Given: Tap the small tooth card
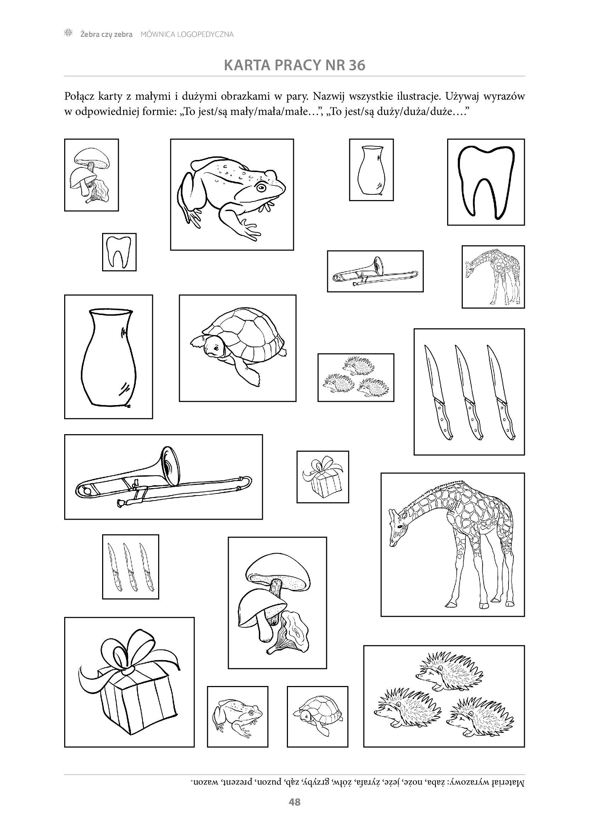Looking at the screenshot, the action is [x=119, y=252].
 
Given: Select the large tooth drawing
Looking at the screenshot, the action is [x=486, y=182].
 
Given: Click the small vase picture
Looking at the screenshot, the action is [x=371, y=170].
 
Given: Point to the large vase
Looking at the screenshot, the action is [x=109, y=358].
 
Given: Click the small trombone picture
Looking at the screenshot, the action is [x=375, y=271].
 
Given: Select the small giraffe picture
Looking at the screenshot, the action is [x=493, y=277].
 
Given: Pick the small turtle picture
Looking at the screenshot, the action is [x=317, y=717].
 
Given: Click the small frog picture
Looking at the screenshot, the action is [x=238, y=717].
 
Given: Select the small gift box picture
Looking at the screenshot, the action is [x=322, y=477].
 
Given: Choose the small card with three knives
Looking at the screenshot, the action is [x=130, y=566].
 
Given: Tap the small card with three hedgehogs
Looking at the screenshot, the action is [x=356, y=377].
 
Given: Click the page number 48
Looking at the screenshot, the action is [x=294, y=802].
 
